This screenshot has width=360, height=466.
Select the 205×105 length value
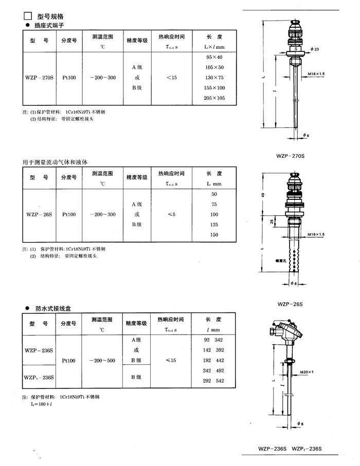(x=214, y=98)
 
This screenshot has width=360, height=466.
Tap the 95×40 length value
(x=214, y=57)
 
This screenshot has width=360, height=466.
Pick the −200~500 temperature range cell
(x=102, y=361)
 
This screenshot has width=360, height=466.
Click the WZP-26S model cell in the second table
(x=39, y=214)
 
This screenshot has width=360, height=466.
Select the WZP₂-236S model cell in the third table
(x=39, y=377)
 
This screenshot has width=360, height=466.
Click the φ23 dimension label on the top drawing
(x=315, y=49)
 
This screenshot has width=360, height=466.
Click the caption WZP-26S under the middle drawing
(x=290, y=304)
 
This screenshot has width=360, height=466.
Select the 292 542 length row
(x=214, y=381)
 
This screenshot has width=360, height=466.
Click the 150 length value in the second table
(x=214, y=235)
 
